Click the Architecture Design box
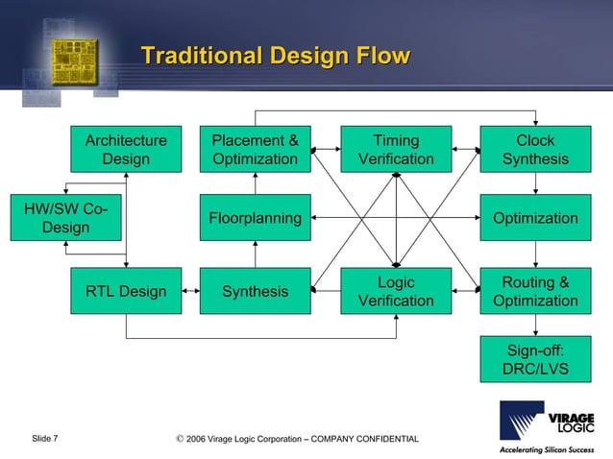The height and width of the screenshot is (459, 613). click(x=126, y=149)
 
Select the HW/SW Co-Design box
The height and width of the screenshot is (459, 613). click(x=65, y=218)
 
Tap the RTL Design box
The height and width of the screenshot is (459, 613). click(x=126, y=291)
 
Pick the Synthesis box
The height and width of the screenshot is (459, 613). click(x=255, y=291)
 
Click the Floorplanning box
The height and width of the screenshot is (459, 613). click(x=255, y=218)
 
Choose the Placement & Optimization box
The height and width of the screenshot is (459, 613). click(x=255, y=149)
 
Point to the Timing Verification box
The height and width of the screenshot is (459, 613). click(x=396, y=149)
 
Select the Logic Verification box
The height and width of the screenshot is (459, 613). click(x=396, y=291)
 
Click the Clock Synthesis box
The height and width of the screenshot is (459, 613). click(x=535, y=149)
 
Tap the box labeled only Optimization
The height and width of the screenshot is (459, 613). click(x=535, y=218)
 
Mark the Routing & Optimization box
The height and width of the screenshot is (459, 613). click(x=535, y=291)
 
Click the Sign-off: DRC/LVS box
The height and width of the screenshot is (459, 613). click(x=535, y=359)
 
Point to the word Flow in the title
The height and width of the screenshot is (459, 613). click(x=380, y=57)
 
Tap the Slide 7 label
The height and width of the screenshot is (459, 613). click(x=44, y=439)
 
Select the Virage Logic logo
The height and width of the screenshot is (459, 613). click(x=546, y=428)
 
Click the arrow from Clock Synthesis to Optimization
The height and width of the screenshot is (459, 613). click(x=535, y=183)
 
